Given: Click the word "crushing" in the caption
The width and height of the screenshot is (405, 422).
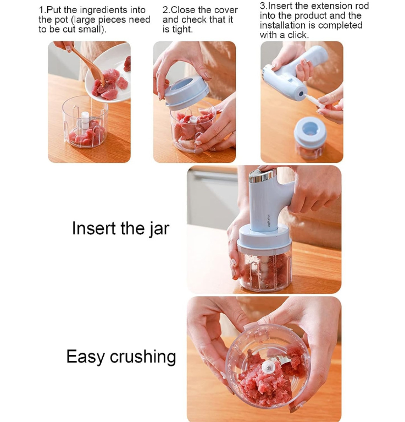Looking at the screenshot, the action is [x=143, y=357].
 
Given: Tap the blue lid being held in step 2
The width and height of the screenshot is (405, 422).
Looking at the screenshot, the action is [x=186, y=92].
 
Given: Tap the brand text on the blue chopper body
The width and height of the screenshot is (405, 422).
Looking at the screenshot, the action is [x=269, y=220].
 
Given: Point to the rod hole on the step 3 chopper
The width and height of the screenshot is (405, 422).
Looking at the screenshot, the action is [x=301, y=94].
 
